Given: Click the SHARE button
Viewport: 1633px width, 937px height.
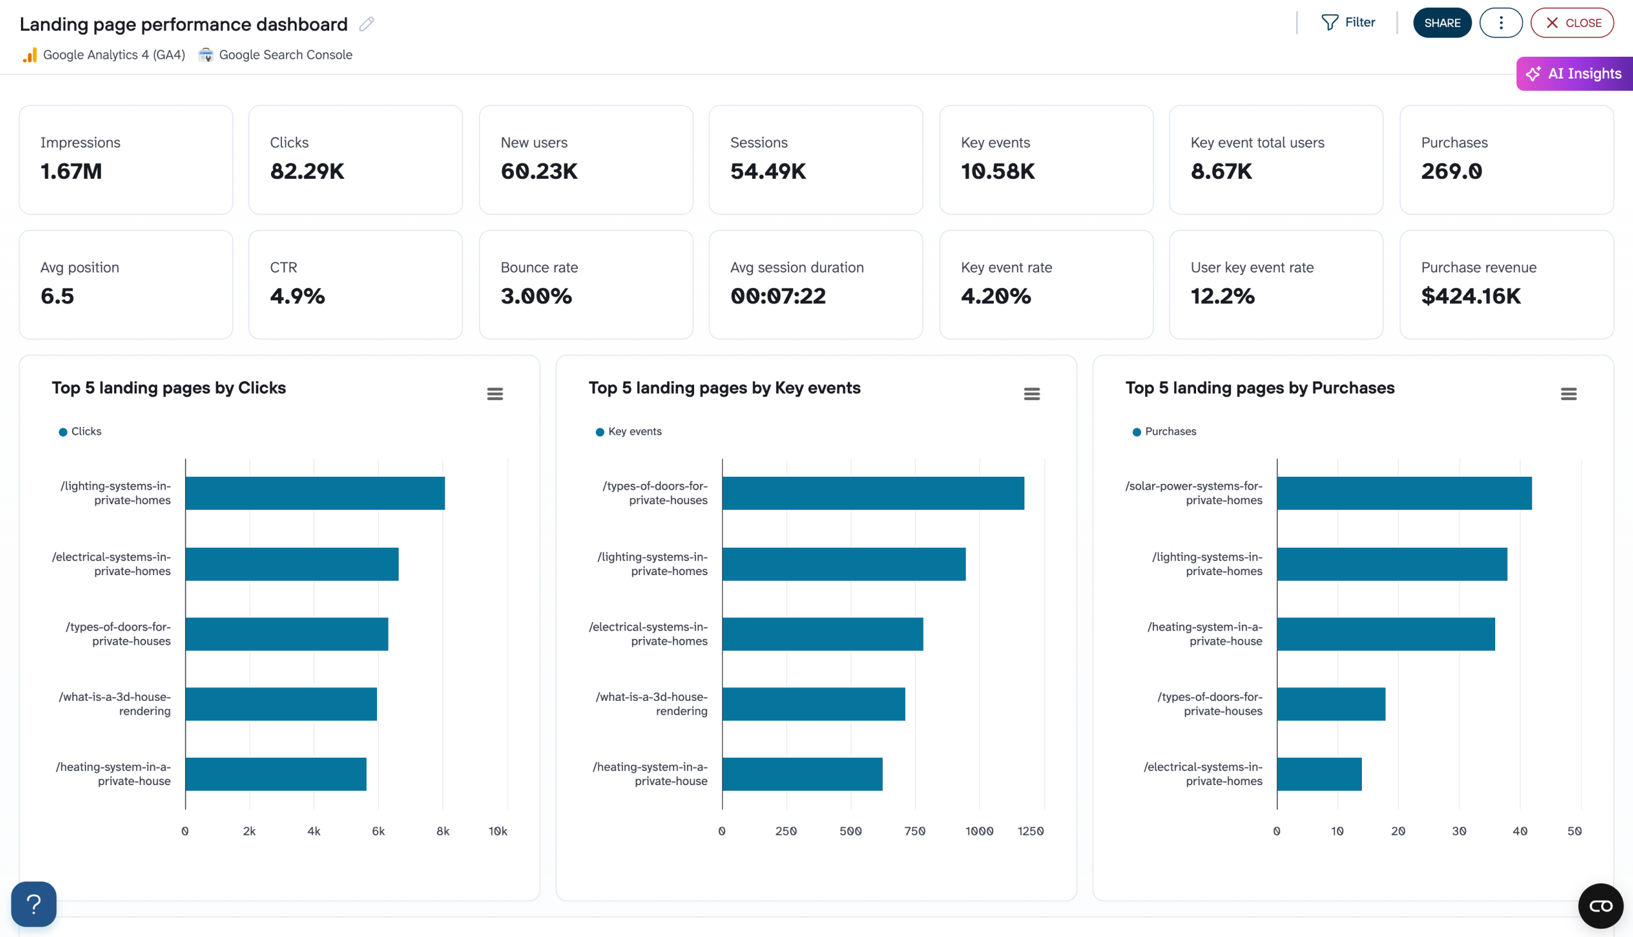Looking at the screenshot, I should point(1442,23).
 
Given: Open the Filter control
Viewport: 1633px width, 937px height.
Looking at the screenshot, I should point(1348,22).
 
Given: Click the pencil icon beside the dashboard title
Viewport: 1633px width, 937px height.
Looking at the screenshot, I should point(367,24).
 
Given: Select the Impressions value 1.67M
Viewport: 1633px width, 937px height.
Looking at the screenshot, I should point(71,171).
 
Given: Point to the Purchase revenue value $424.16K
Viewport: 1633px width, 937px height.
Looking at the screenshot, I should point(1470,296).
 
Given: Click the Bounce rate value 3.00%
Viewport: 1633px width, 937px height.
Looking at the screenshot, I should point(536,296).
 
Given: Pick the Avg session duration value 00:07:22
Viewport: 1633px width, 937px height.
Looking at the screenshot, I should point(778,296).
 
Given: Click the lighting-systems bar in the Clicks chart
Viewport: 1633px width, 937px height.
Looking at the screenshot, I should point(314,493).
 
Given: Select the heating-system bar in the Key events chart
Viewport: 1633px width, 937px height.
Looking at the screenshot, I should point(801,774).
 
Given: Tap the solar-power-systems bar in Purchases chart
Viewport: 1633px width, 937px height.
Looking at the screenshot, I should point(1403,493).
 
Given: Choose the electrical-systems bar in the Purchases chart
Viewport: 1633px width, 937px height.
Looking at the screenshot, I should point(1319,774).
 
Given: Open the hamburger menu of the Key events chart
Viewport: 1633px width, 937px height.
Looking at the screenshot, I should point(1031,394).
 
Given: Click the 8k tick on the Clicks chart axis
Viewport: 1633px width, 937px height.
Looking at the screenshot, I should point(443,832).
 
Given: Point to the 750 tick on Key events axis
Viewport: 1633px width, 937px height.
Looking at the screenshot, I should point(914,832).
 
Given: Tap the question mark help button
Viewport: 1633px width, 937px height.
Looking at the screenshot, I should point(33,904).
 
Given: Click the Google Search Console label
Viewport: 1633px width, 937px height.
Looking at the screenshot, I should point(285,55).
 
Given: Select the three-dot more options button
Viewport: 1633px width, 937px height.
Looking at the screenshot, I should point(1500,23).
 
